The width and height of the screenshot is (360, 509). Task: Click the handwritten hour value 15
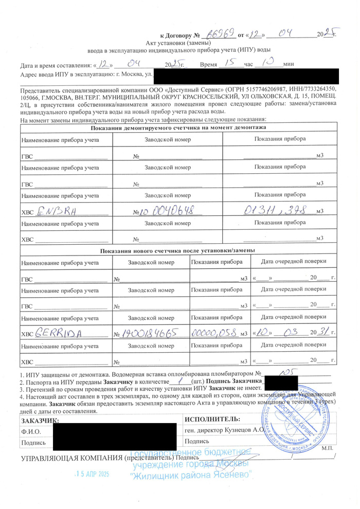point(230,65)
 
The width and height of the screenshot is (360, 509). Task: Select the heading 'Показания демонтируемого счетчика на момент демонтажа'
point(178,127)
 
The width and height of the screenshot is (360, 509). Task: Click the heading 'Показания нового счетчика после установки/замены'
point(178,250)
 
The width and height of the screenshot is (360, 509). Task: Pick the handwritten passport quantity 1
point(179,380)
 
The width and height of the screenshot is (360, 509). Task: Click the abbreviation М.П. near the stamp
point(327,448)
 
